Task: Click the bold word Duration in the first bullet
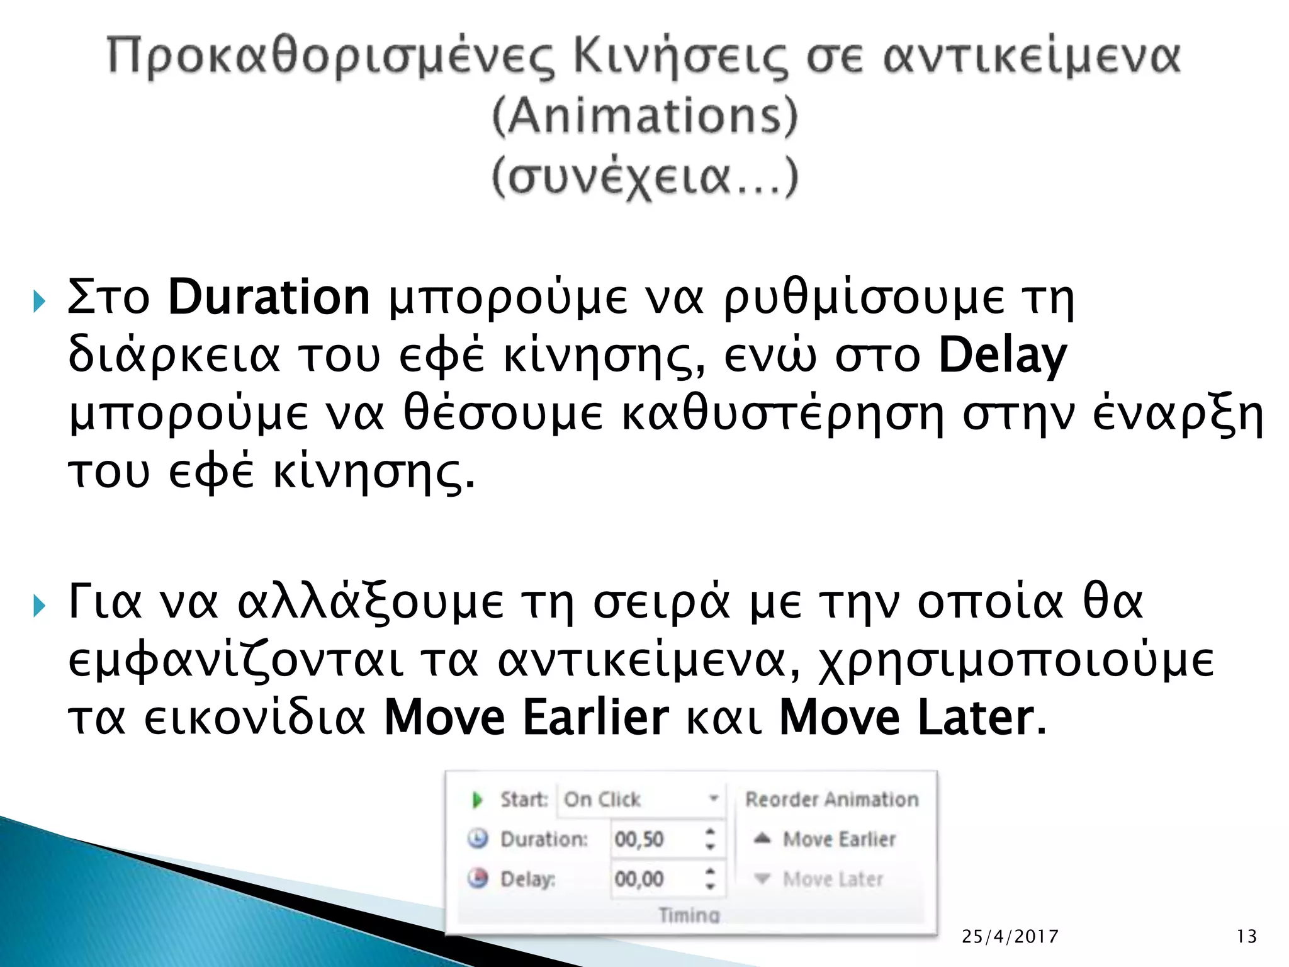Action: [269, 297]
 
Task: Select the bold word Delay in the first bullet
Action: [1003, 356]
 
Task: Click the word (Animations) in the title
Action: [644, 116]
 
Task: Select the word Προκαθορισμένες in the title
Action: [330, 57]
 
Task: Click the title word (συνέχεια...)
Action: [644, 178]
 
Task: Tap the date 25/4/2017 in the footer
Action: [1010, 937]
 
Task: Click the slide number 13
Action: [1246, 937]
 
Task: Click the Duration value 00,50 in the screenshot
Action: [639, 839]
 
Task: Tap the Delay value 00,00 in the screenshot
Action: [639, 879]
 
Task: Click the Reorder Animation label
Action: [831, 800]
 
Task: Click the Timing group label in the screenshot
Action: [689, 915]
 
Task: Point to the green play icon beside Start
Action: [477, 800]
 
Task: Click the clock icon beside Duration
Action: [478, 839]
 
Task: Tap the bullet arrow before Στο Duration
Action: [40, 302]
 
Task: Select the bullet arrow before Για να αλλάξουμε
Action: [40, 606]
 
